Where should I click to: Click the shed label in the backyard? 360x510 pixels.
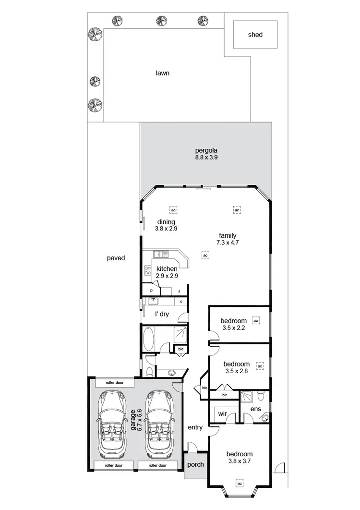(255, 35)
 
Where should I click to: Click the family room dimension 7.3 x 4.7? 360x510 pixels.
(227, 243)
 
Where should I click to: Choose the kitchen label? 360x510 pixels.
(167, 269)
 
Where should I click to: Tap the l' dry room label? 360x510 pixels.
(162, 315)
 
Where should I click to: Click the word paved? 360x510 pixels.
(116, 258)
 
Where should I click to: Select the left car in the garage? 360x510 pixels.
(112, 425)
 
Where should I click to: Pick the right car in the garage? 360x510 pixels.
(159, 425)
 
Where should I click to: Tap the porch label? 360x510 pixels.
(195, 464)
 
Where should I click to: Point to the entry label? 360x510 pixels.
(195, 427)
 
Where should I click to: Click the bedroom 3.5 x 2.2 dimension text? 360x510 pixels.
(233, 328)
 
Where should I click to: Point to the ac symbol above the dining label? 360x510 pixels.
(172, 210)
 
